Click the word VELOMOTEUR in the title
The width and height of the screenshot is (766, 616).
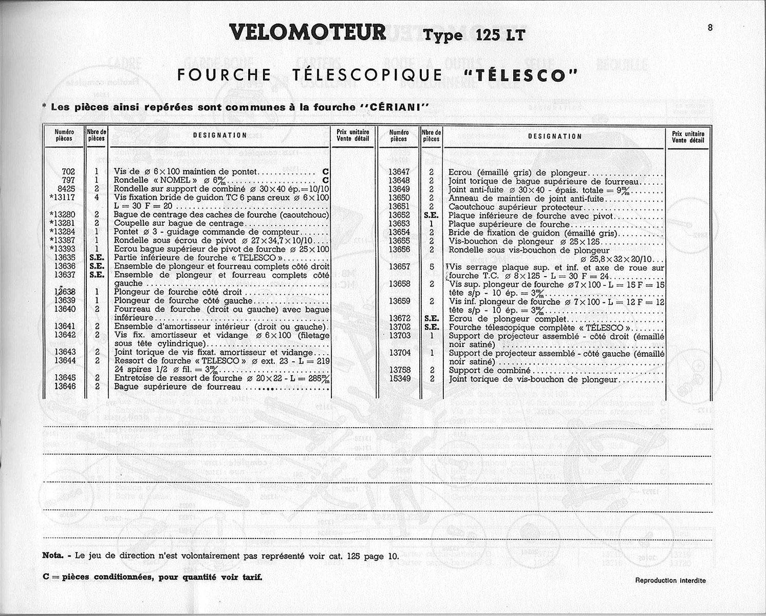point(308,32)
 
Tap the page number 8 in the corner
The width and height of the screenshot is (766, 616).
point(709,28)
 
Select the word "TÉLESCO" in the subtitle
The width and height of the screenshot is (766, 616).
point(519,75)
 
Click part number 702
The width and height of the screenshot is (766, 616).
point(68,172)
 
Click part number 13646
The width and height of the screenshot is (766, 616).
point(65,387)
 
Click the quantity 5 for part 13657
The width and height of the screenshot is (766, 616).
point(432,267)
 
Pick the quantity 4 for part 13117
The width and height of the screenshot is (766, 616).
point(96,198)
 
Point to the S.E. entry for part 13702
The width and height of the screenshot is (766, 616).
point(431,328)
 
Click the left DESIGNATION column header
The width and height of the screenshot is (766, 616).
point(219,136)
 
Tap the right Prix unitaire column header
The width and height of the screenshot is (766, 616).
point(687,136)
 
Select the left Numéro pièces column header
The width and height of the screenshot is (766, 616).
point(64,136)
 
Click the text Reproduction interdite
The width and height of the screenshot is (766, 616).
point(670,581)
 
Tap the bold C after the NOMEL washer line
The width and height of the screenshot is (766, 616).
point(325,181)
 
